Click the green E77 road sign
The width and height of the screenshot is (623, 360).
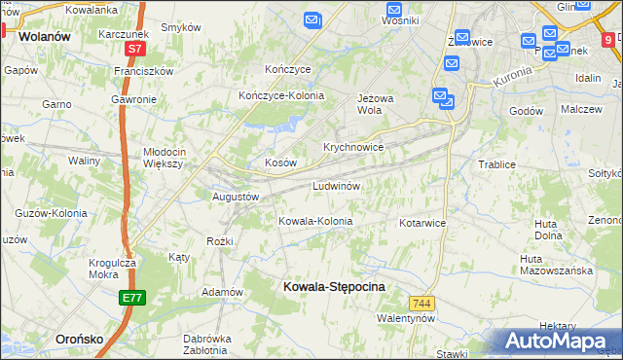(x=134, y=298)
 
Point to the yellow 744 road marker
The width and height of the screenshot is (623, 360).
(x=421, y=304)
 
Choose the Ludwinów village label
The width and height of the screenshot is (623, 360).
(x=337, y=185)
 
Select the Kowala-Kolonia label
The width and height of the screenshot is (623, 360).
(x=315, y=221)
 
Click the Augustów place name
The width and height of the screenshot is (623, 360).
(x=236, y=196)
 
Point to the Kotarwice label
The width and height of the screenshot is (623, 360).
(x=421, y=223)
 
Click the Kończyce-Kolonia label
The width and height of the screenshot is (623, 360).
(x=281, y=95)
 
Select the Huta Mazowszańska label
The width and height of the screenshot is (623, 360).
(x=557, y=265)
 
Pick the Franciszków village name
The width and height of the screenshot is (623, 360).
(x=142, y=71)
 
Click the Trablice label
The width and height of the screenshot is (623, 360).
(x=496, y=164)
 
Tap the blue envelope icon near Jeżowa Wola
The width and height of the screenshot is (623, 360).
(x=440, y=96)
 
